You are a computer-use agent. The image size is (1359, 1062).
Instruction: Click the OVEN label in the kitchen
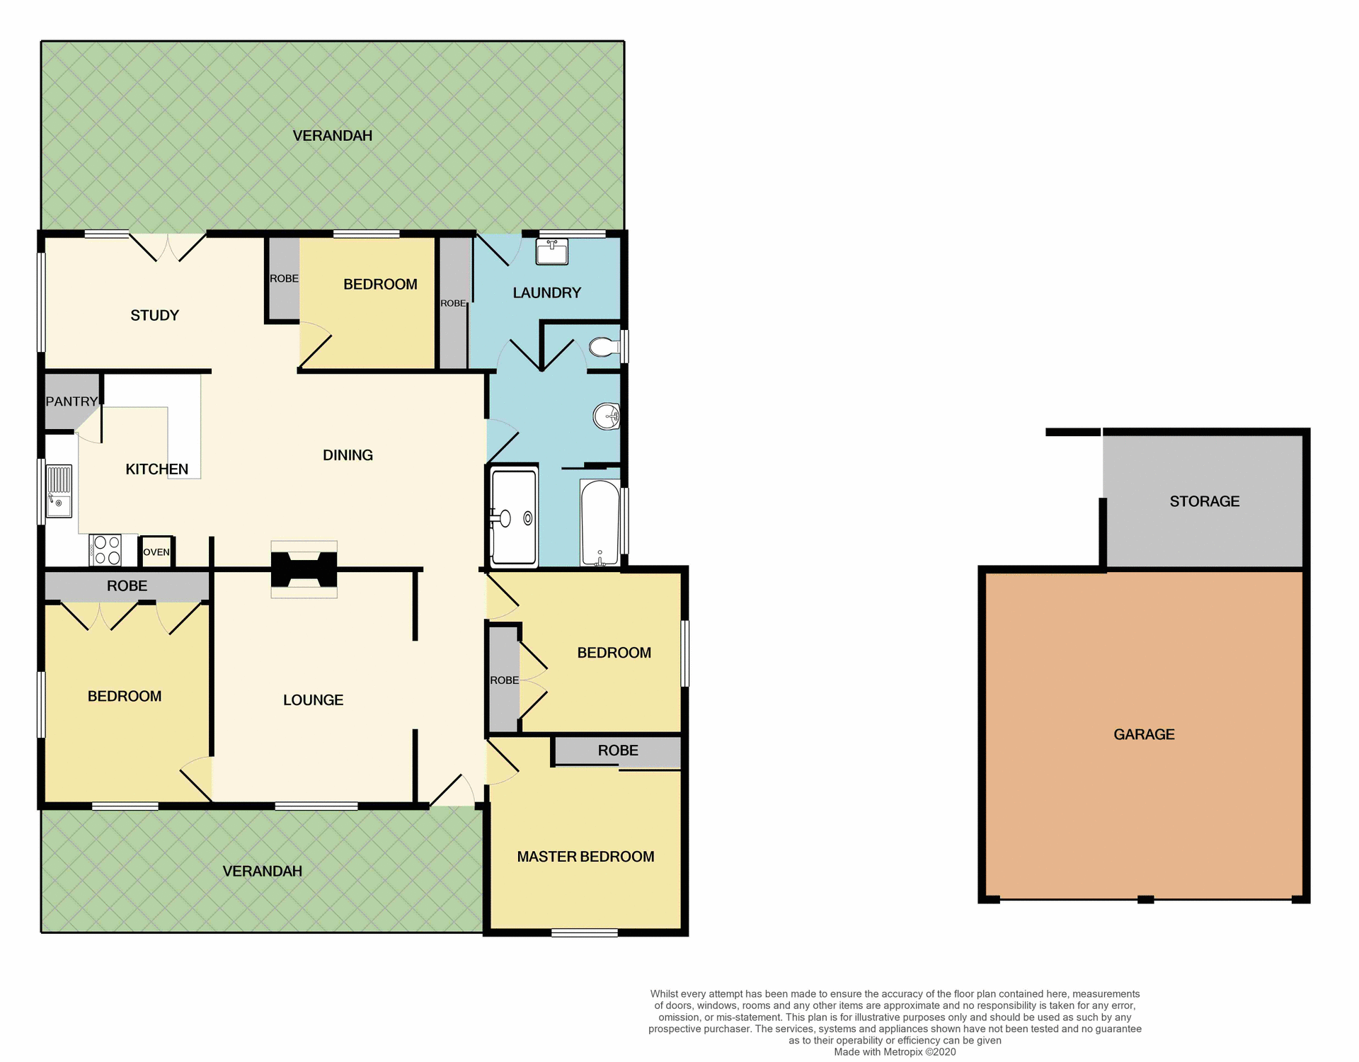click(156, 552)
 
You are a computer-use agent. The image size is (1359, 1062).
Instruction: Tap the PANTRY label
click(71, 401)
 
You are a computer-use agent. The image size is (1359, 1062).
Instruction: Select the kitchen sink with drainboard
click(59, 491)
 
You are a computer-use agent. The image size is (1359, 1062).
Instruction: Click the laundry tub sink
click(551, 252)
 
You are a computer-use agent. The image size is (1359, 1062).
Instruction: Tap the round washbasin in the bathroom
click(607, 416)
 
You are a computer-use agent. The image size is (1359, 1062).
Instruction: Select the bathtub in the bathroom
click(600, 523)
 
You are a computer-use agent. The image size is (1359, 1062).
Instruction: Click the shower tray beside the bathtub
click(514, 518)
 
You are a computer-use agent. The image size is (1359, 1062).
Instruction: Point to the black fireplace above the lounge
click(304, 569)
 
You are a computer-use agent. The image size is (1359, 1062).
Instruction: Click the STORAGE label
click(1204, 501)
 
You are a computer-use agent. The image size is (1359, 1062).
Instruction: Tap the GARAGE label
click(1144, 734)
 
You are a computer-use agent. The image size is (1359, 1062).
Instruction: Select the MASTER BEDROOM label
click(585, 857)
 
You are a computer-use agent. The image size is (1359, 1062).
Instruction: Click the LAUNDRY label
click(546, 292)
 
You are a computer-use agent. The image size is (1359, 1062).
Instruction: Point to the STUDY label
click(154, 315)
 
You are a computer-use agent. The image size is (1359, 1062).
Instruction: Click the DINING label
click(348, 455)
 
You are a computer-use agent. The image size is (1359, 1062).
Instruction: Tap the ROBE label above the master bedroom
click(618, 750)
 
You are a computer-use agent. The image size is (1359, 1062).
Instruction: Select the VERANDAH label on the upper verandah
click(332, 135)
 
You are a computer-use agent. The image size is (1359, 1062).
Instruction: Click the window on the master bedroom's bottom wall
click(585, 933)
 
